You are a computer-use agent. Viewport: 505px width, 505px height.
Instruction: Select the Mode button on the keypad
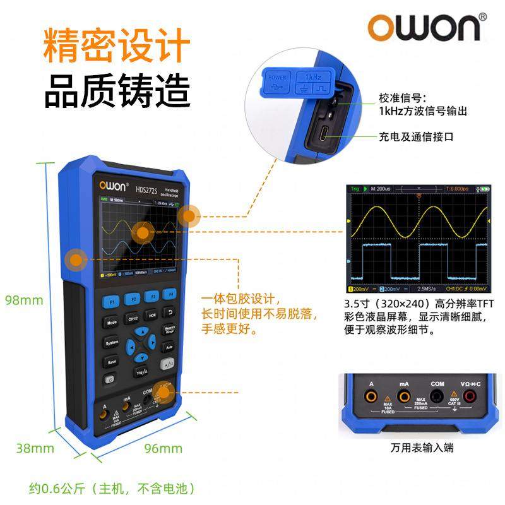111,322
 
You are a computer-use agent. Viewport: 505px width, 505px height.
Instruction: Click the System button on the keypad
111,343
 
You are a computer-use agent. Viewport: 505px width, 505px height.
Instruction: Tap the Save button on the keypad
111,362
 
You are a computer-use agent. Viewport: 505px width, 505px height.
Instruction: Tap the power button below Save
111,380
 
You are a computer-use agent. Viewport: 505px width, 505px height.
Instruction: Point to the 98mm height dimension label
25,300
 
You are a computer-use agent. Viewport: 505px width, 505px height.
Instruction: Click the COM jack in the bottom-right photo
437,396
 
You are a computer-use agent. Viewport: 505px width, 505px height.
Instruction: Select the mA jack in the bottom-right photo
405,396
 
